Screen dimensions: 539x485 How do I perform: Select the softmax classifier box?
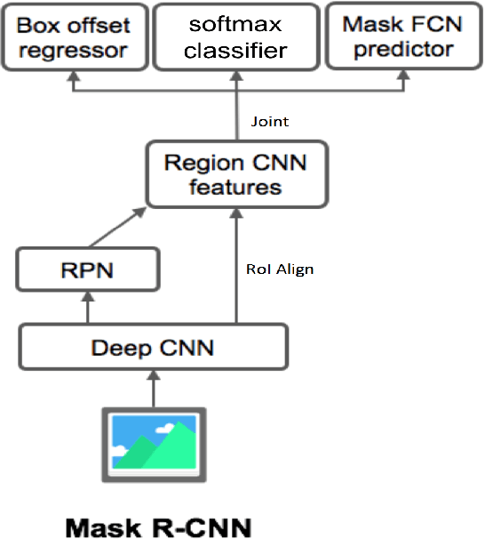[235, 36]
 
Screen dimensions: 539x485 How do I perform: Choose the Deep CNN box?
[153, 346]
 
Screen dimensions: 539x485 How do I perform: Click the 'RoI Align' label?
[278, 269]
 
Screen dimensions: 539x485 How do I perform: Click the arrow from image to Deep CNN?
[153, 388]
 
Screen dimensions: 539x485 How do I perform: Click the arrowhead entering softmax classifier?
[235, 78]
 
